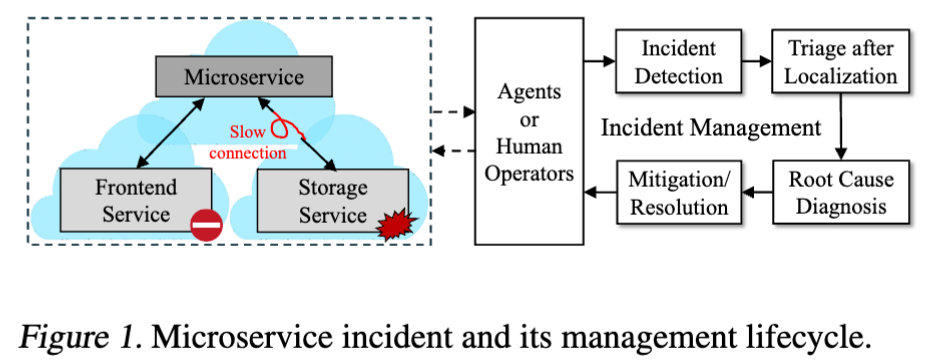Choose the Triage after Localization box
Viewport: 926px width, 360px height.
pos(840,62)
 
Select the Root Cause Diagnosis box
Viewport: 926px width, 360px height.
pos(840,193)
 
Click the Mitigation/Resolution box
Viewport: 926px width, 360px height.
pos(679,193)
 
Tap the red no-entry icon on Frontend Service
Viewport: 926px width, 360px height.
pos(206,228)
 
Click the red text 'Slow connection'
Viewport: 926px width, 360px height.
pos(247,143)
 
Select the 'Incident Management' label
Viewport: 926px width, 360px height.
pos(710,128)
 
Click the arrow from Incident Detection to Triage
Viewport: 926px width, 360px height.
pos(758,62)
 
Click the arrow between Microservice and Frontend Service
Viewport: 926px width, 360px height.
pos(167,131)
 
